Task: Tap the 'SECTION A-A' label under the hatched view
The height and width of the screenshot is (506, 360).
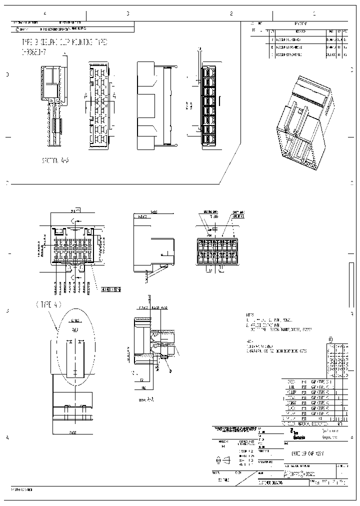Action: [56, 161]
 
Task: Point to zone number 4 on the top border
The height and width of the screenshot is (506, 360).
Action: [45, 14]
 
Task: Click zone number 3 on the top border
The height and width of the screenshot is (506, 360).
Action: [127, 14]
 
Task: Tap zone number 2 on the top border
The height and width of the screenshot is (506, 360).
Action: [231, 14]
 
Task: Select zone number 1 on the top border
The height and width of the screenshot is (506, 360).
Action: [314, 14]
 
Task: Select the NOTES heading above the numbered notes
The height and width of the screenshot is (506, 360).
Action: [250, 315]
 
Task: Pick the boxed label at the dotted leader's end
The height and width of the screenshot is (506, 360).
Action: [111, 288]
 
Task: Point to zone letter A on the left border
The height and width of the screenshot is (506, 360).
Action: [7, 437]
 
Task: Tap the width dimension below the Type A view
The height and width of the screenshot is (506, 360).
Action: [72, 432]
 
